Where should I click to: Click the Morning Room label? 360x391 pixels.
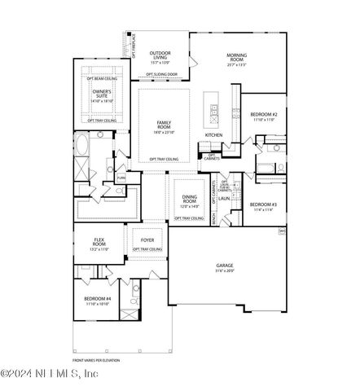coord(236,56)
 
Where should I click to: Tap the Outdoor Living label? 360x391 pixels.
coord(160,55)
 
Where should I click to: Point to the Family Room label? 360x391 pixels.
coord(165,125)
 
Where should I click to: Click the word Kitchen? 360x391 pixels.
coord(213,135)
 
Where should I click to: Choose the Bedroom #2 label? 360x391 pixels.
coord(264,115)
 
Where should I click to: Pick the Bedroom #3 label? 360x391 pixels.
coord(264,204)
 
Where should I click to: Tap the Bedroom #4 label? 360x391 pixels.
coord(97,300)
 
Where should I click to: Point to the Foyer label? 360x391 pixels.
coord(147,240)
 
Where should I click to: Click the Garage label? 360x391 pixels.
coord(225,266)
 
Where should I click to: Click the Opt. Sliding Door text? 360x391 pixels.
coord(162,75)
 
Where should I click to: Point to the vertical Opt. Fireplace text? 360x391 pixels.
coord(129,42)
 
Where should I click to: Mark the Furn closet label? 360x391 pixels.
coord(121,177)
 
